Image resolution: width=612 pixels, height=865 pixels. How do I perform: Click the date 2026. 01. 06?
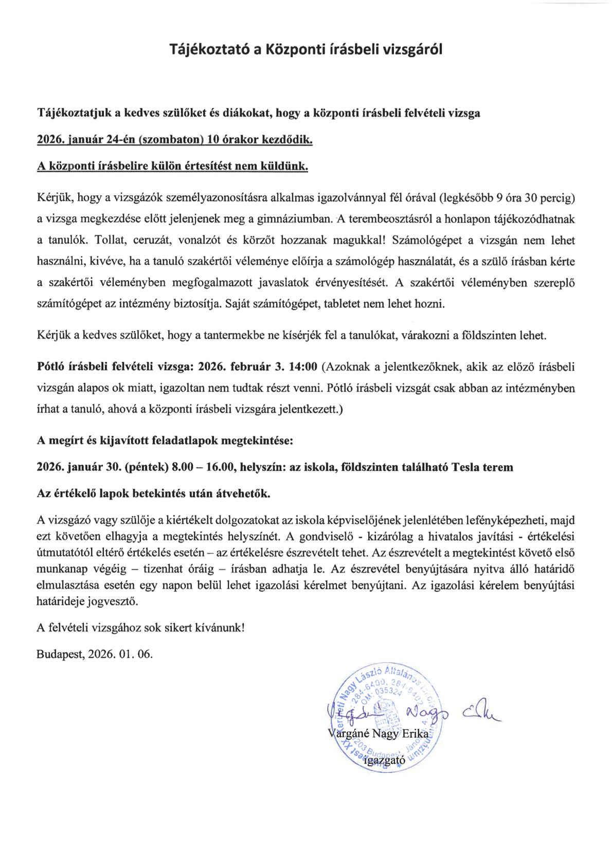(120, 654)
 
